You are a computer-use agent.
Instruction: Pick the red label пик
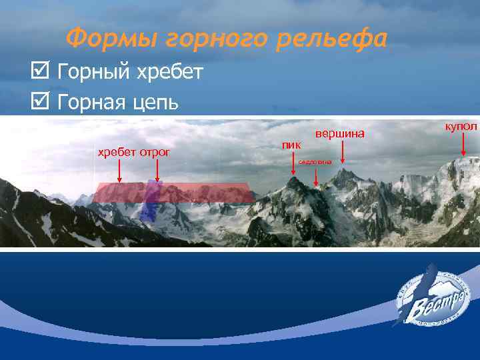[x=291, y=144]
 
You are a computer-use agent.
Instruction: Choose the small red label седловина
[x=315, y=161]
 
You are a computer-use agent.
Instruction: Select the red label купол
[x=461, y=127]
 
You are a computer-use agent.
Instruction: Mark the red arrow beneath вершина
[x=342, y=153]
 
